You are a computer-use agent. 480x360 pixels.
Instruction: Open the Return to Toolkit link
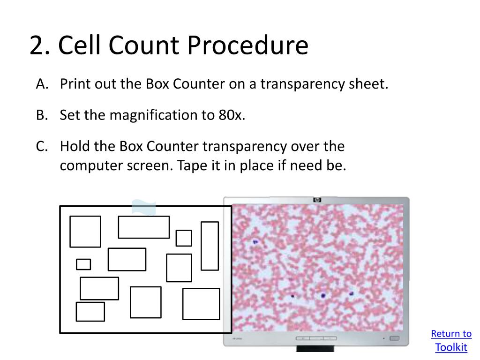coord(451,340)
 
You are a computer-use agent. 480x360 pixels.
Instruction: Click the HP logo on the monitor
coord(317,200)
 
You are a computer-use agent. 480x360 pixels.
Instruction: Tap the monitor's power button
coord(394,338)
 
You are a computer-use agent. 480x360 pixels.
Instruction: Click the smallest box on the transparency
coord(83,264)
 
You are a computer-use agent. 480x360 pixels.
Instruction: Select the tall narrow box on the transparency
coord(210,246)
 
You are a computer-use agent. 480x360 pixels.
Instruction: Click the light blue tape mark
coord(143,208)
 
